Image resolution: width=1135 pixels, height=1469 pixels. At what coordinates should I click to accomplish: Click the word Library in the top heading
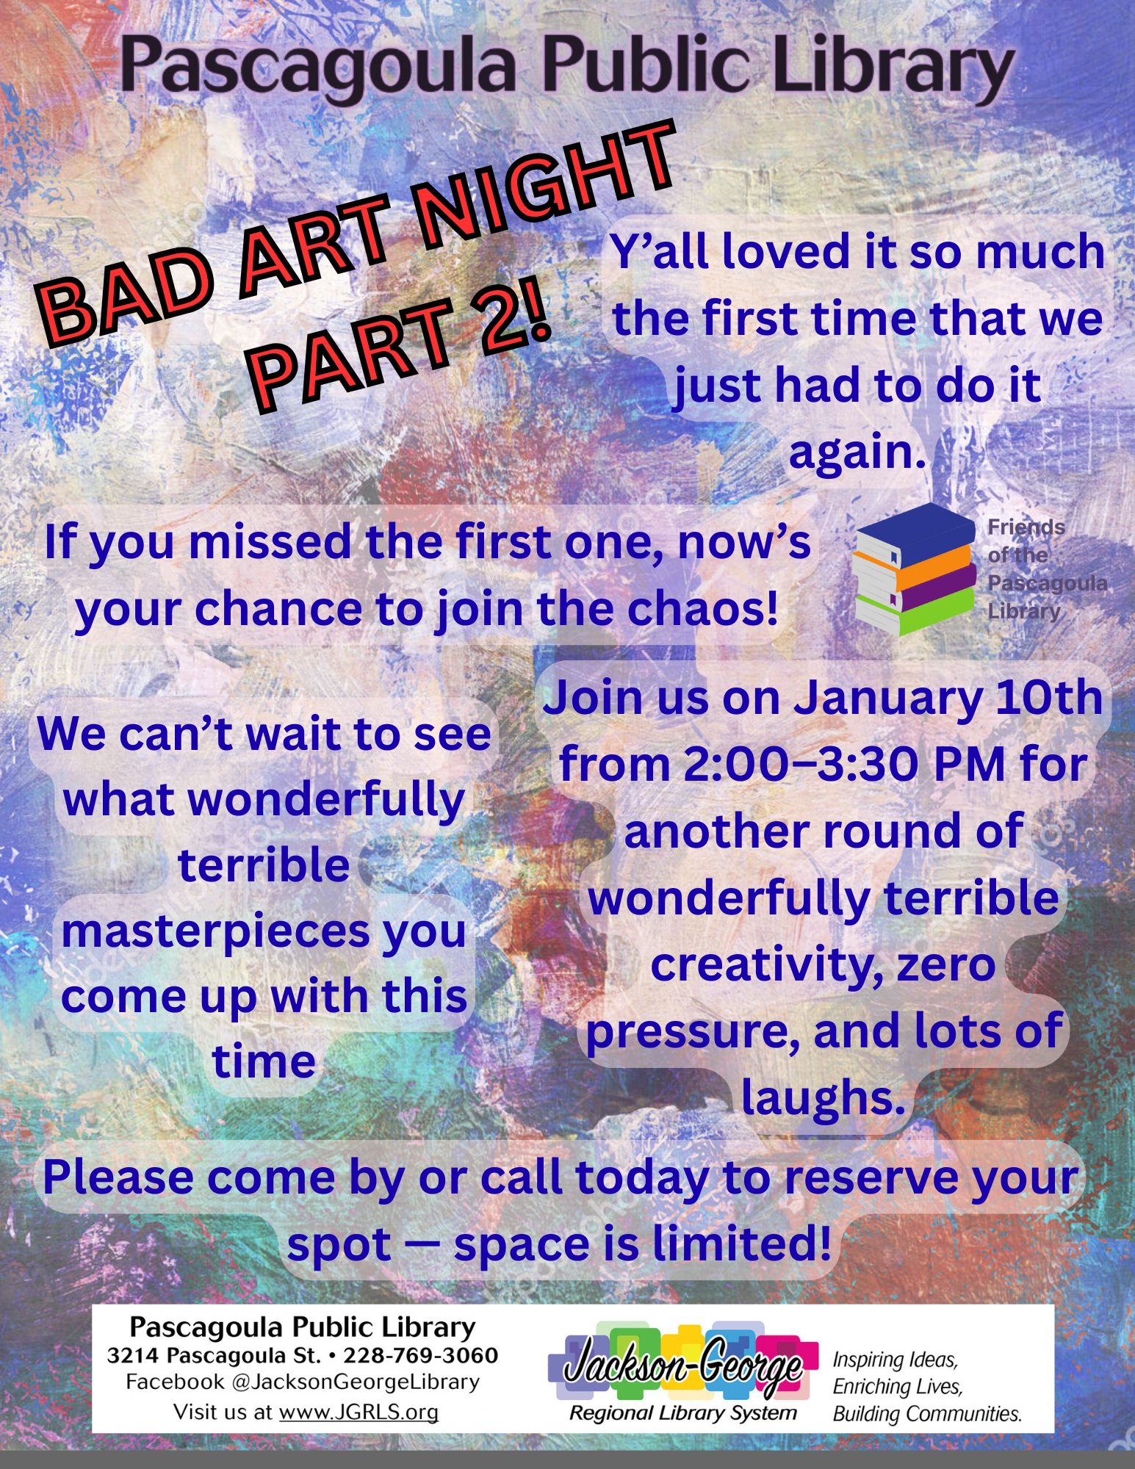click(x=886, y=69)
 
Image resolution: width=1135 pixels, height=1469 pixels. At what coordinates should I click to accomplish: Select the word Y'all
click(x=660, y=252)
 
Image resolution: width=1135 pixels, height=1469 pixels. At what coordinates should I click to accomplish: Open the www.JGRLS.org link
click(x=358, y=1412)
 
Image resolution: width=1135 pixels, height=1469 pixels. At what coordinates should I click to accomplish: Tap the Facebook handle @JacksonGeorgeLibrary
click(x=356, y=1382)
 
